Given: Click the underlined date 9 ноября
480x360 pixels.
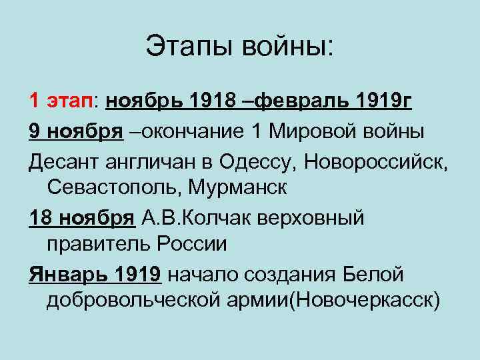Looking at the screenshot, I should (x=76, y=131).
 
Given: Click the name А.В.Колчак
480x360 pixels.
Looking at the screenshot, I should (x=194, y=217).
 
